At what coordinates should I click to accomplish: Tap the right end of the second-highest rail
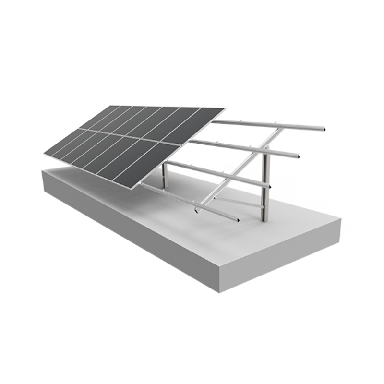pyautogui.click(x=298, y=156)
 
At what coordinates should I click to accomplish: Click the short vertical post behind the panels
pyautogui.click(x=164, y=175)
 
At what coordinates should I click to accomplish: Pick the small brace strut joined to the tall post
pyautogui.click(x=240, y=202)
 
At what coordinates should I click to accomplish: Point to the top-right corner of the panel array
pyautogui.click(x=224, y=108)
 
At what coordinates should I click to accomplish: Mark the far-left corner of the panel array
pyautogui.click(x=44, y=154)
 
